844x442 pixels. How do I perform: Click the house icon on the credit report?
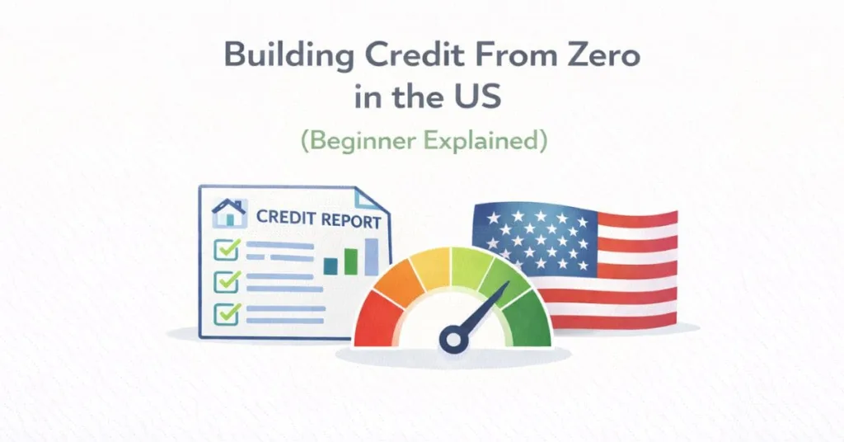pos(228,214)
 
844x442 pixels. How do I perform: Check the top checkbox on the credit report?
pos(226,248)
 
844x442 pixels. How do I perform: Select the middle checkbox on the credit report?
pos(226,281)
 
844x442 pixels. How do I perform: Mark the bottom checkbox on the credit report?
pos(226,313)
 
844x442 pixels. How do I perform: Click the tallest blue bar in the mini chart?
pos(371,256)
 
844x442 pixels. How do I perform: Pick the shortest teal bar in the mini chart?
pos(331,266)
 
